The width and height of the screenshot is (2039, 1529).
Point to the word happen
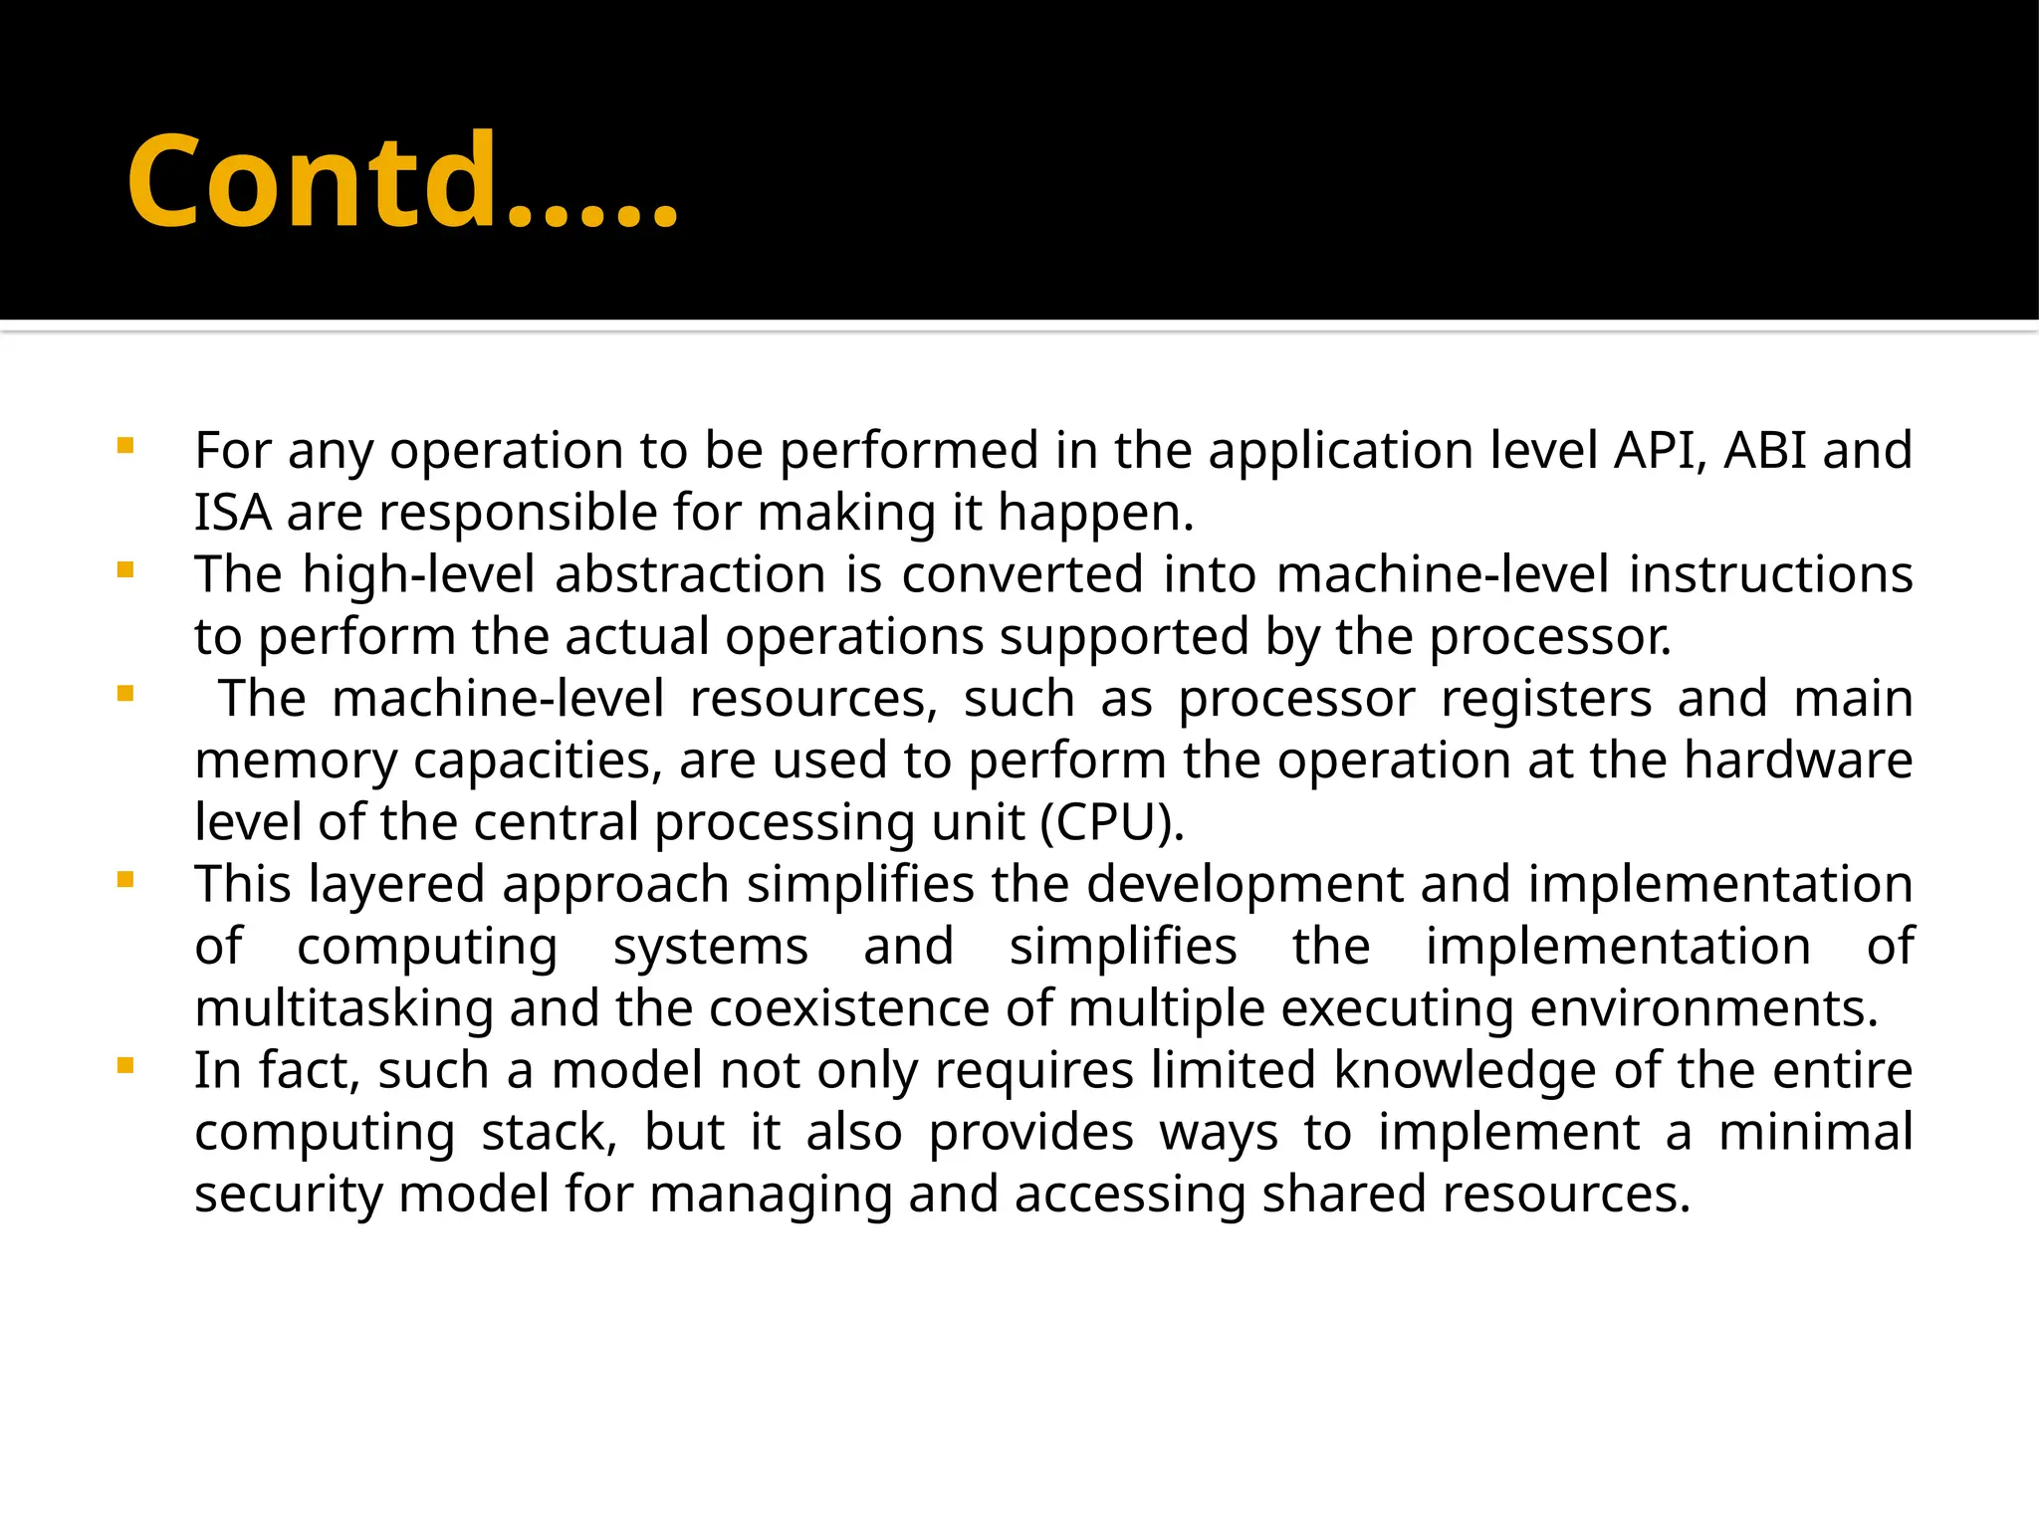click(x=1094, y=514)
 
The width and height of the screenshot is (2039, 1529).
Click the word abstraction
click(x=690, y=575)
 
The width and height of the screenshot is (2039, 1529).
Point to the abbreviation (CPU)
click(x=1112, y=823)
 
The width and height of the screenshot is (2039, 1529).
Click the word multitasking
click(x=343, y=1009)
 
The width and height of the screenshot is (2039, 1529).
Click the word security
click(x=288, y=1195)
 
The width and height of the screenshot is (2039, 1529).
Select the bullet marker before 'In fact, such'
click(x=124, y=1066)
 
